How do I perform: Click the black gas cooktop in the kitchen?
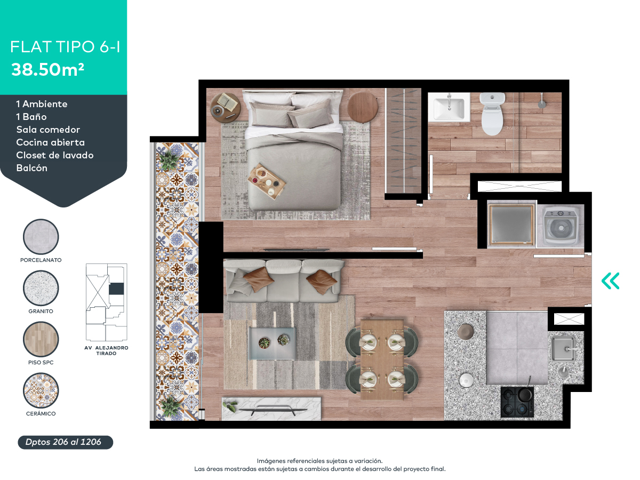tap(517, 402)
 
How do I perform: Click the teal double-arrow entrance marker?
tap(610, 281)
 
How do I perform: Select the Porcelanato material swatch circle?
tap(41, 237)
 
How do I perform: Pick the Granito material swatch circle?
tap(41, 288)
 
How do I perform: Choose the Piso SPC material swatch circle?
tap(41, 340)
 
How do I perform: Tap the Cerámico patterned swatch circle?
tap(41, 391)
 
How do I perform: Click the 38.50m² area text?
tap(48, 70)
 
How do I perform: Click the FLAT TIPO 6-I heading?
tap(65, 47)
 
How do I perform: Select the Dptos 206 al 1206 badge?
tap(65, 442)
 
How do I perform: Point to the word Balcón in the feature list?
tap(31, 168)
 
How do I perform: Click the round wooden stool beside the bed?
tap(363, 106)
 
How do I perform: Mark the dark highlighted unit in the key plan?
tap(116, 289)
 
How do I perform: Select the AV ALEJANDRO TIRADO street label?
tap(107, 350)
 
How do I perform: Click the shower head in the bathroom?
tap(542, 102)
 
